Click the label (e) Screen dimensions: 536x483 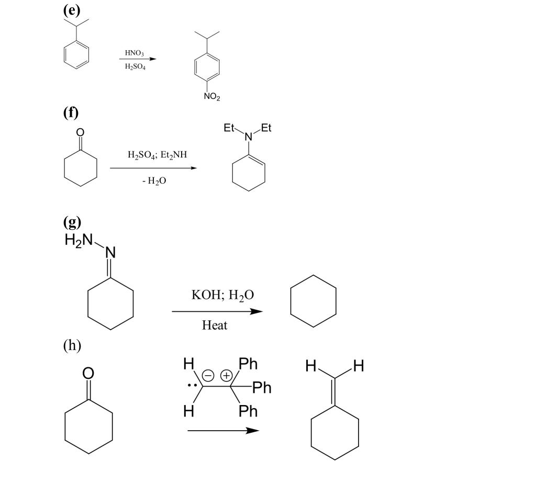click(x=71, y=10)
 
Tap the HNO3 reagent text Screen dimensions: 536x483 click(x=135, y=53)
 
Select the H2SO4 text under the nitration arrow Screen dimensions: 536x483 click(x=135, y=66)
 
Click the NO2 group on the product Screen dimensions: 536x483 click(x=212, y=97)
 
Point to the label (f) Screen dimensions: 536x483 click(x=71, y=112)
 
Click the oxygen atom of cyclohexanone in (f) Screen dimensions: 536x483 click(x=80, y=132)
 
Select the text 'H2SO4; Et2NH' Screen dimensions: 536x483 click(x=157, y=155)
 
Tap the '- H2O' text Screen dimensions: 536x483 click(x=154, y=181)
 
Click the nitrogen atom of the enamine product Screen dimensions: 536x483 click(x=249, y=137)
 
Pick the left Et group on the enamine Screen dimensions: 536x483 click(x=229, y=128)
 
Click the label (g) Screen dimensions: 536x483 click(x=72, y=222)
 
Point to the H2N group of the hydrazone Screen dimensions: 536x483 click(x=79, y=240)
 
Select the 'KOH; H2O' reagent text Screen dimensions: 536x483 click(x=222, y=295)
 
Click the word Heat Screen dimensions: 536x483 click(x=214, y=325)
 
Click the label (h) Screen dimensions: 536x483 click(x=72, y=345)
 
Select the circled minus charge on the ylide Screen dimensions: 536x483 click(x=208, y=375)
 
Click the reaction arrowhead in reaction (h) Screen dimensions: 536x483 click(x=253, y=431)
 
